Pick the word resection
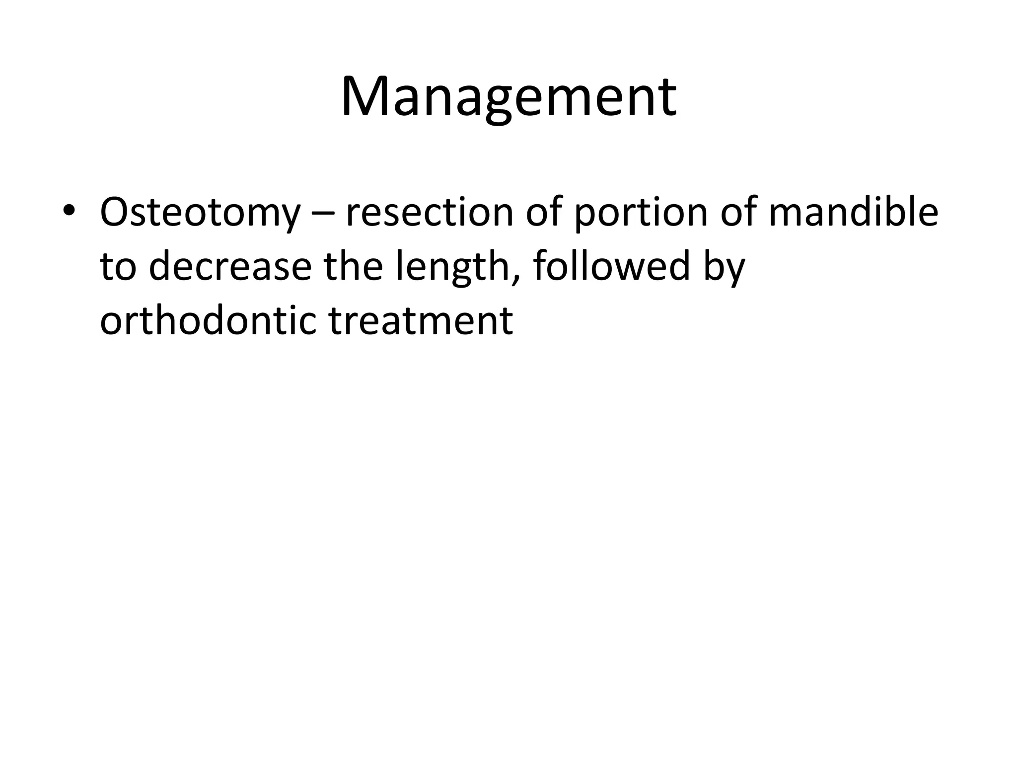pos(429,212)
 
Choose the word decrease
pos(230,267)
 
